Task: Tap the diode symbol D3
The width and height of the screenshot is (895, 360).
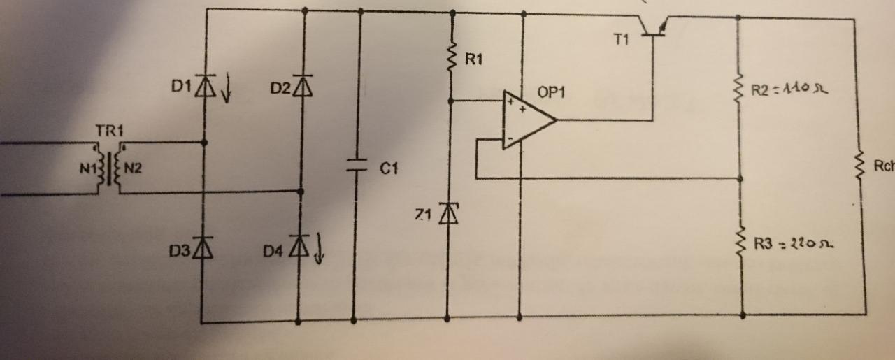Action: click(x=203, y=247)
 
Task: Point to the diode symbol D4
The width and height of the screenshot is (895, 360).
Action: click(x=299, y=246)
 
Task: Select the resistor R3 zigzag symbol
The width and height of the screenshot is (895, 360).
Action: click(x=740, y=242)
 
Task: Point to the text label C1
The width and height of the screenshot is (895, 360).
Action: click(x=389, y=168)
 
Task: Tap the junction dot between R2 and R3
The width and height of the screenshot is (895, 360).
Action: click(x=740, y=178)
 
